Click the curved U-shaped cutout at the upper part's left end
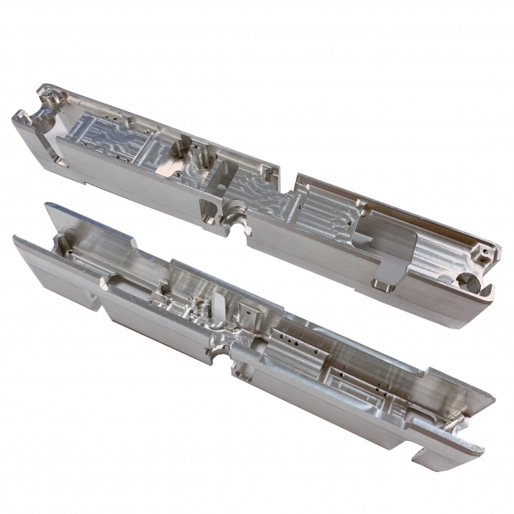click(43, 116)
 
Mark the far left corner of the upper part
click(14, 120)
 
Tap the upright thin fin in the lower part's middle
click(217, 304)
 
